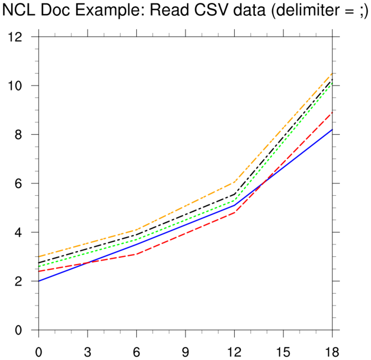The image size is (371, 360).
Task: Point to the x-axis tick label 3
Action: click(88, 352)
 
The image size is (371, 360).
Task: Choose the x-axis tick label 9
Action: click(185, 352)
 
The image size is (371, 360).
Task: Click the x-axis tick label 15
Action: click(283, 352)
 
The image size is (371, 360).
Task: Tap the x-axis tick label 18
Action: click(332, 352)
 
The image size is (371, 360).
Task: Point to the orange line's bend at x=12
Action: click(234, 182)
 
